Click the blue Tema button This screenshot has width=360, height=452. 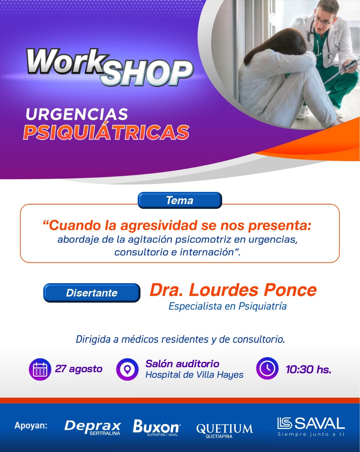tap(180, 200)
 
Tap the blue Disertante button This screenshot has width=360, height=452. tap(92, 293)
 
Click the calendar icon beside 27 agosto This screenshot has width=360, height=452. tap(40, 369)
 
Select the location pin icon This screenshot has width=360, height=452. tap(127, 369)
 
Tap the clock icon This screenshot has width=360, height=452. tap(267, 368)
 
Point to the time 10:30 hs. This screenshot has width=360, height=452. tap(308, 369)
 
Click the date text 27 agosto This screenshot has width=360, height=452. tap(78, 369)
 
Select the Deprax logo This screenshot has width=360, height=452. tap(92, 428)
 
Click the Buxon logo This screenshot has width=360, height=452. tap(157, 428)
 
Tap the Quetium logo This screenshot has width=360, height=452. tap(224, 430)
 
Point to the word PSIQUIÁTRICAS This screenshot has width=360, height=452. tap(106, 132)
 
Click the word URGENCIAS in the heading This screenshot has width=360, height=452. tap(77, 114)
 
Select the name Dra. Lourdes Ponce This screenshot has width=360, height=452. tap(233, 290)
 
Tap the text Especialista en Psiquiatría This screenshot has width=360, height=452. tap(228, 306)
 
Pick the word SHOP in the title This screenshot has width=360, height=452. tap(148, 73)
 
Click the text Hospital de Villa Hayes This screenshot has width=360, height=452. tap(194, 375)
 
